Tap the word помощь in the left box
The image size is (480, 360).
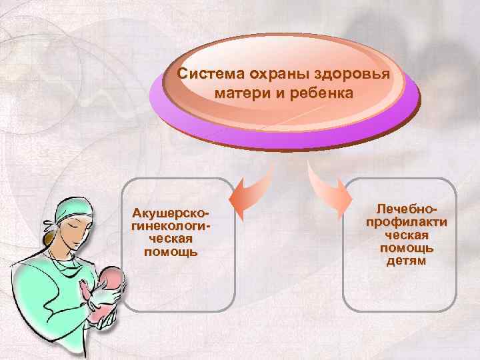171,251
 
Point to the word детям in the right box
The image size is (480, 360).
406,261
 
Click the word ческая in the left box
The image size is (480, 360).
171,239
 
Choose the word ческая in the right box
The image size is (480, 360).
406,235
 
